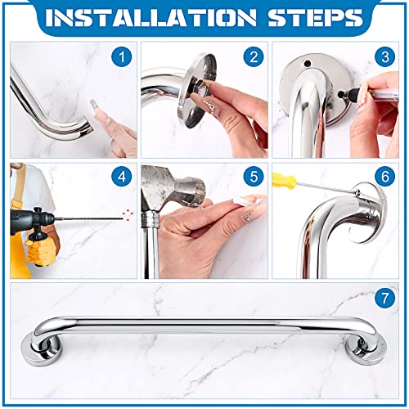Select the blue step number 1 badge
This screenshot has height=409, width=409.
(x=122, y=58)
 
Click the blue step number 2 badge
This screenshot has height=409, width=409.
(x=253, y=58)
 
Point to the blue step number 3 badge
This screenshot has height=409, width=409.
(x=384, y=58)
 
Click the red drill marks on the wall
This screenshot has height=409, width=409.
(x=125, y=216)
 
